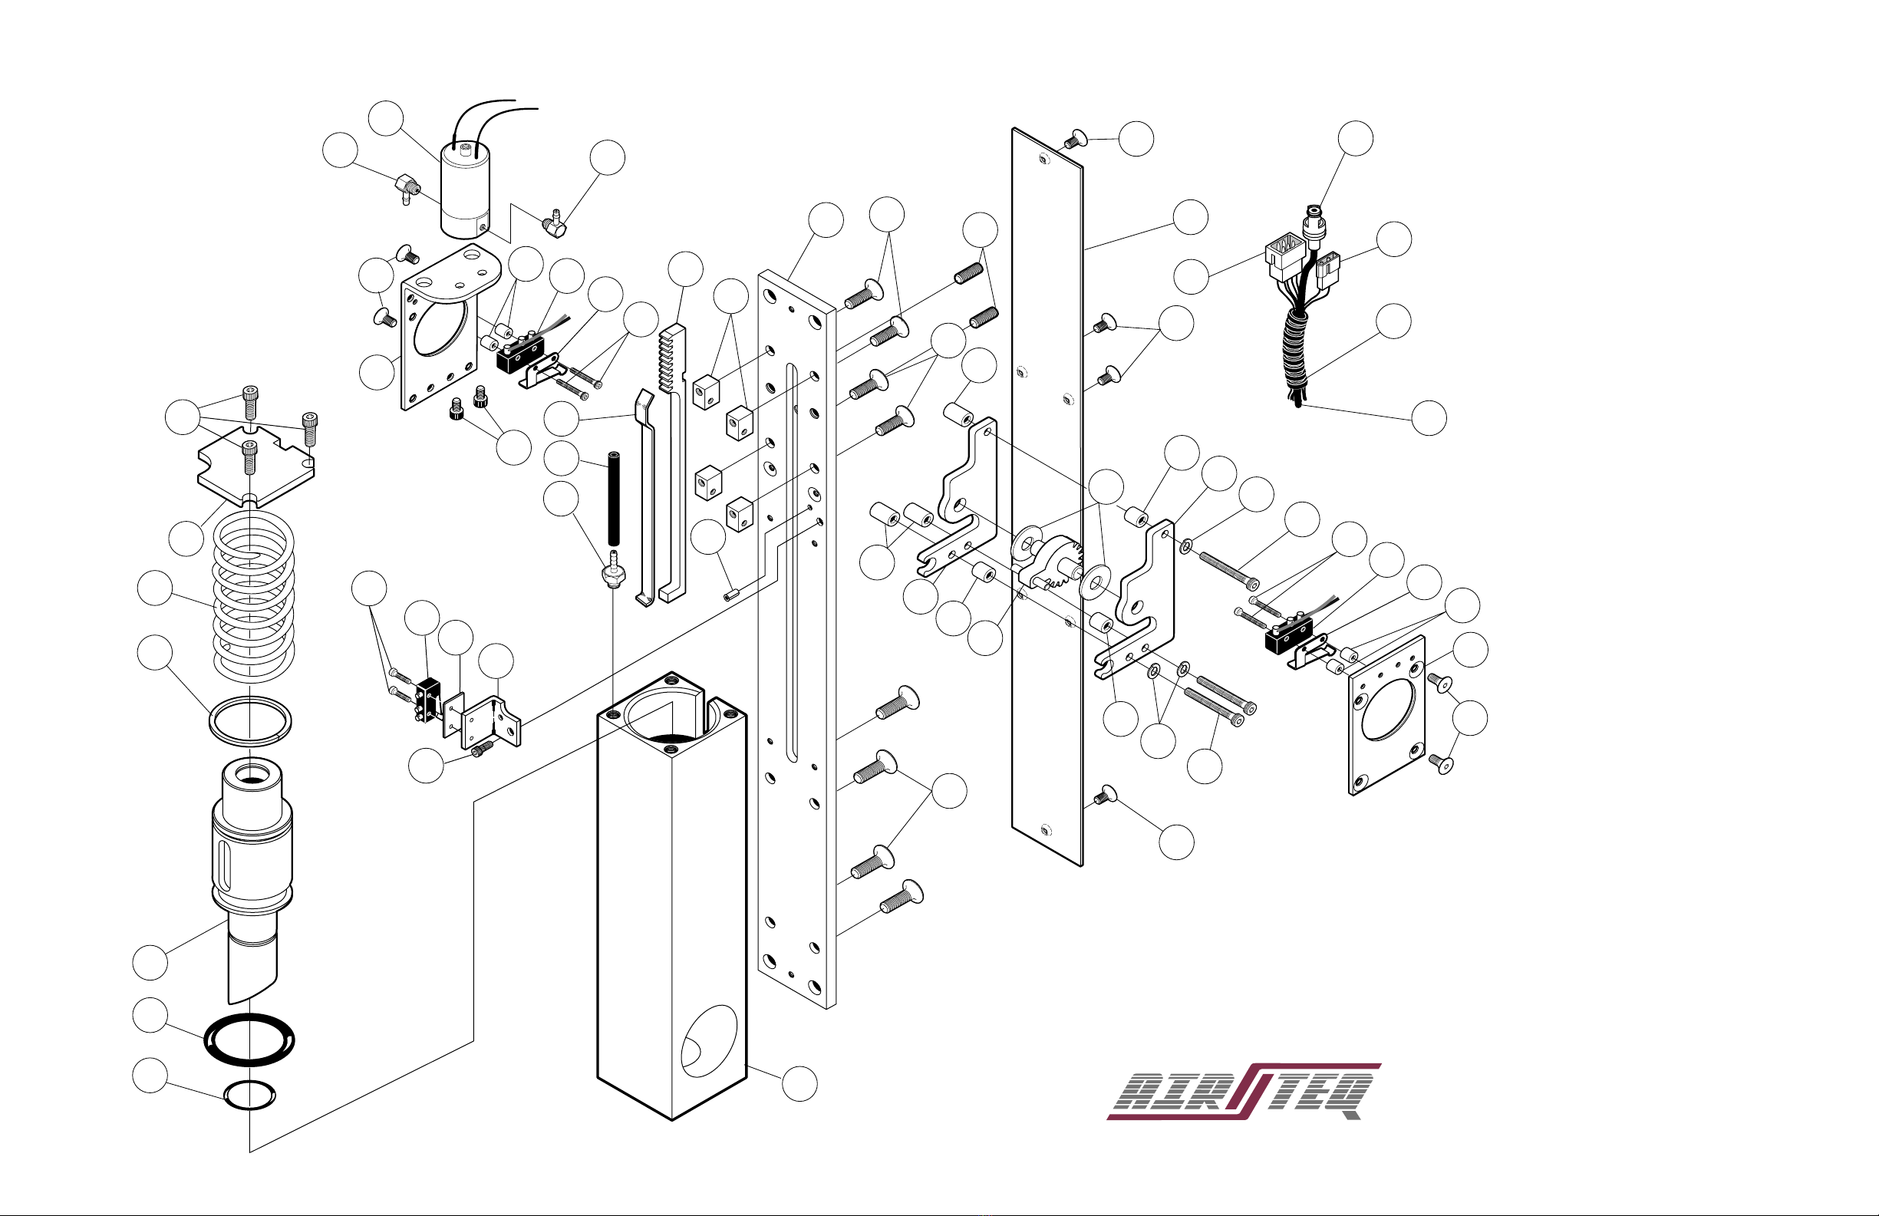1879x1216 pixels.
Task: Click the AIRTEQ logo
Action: pyautogui.click(x=1244, y=1091)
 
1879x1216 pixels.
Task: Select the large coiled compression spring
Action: pyautogui.click(x=253, y=596)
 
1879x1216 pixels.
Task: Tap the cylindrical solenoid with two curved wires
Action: pyautogui.click(x=466, y=189)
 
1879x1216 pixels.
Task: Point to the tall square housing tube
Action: pyautogui.click(x=672, y=895)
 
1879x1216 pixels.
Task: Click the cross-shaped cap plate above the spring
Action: pyautogui.click(x=255, y=466)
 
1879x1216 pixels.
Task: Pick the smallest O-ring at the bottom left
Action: pyautogui.click(x=250, y=1096)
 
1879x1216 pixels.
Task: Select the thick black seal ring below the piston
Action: pyautogui.click(x=250, y=1040)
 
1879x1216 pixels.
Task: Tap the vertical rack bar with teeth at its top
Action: pyautogui.click(x=672, y=463)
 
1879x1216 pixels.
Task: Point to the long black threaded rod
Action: pyautogui.click(x=614, y=498)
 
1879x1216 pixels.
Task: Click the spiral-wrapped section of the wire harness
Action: pyautogui.click(x=1296, y=351)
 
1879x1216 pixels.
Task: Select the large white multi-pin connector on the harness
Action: pyautogui.click(x=1283, y=255)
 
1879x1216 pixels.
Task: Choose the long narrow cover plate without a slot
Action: pyautogui.click(x=1047, y=496)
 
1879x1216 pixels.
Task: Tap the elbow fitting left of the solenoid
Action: pyautogui.click(x=407, y=189)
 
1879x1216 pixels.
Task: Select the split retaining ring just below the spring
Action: pyautogui.click(x=250, y=720)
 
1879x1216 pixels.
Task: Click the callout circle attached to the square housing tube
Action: pyautogui.click(x=799, y=1083)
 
